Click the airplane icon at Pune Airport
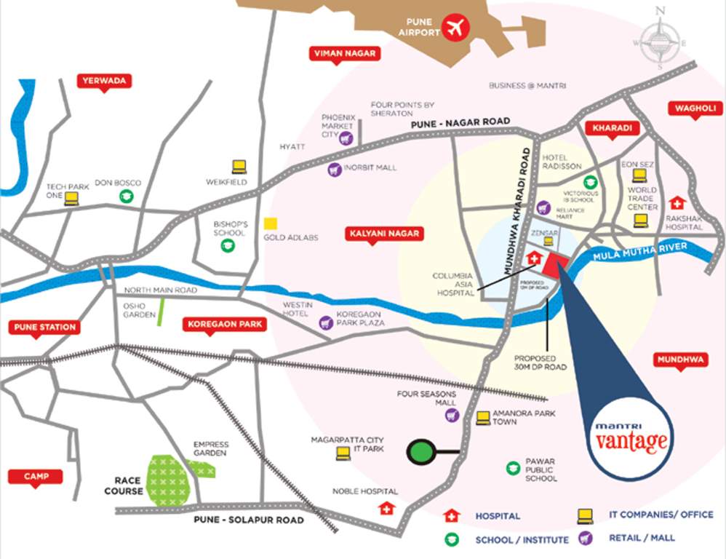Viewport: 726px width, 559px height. click(457, 28)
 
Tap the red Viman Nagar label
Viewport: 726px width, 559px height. click(335, 54)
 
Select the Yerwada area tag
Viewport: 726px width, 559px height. click(104, 81)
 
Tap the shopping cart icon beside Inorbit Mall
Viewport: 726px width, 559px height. click(334, 169)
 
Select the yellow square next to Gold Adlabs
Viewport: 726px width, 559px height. click(270, 224)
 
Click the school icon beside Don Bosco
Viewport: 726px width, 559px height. click(127, 196)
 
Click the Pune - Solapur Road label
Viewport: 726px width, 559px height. click(248, 520)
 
